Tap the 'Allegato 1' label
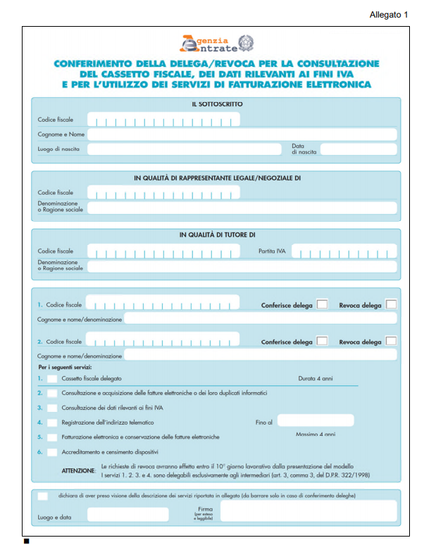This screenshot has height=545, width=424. pyautogui.click(x=388, y=15)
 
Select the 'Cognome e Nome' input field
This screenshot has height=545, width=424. pyautogui.click(x=242, y=134)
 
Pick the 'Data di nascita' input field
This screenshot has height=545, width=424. pyautogui.click(x=358, y=149)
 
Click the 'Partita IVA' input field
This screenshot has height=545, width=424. pyautogui.click(x=344, y=251)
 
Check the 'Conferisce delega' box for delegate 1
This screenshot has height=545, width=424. pyautogui.click(x=322, y=305)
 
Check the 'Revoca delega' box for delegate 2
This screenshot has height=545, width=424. pyautogui.click(x=391, y=341)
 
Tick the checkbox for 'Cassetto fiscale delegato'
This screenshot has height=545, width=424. pyautogui.click(x=52, y=379)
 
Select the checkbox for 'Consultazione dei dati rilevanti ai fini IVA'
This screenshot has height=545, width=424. pyautogui.click(x=52, y=408)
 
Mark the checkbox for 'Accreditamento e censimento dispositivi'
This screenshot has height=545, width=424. pyautogui.click(x=52, y=451)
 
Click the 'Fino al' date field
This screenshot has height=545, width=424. pyautogui.click(x=316, y=421)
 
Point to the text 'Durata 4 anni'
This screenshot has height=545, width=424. pyautogui.click(x=316, y=379)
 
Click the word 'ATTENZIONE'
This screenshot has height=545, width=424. pyautogui.click(x=78, y=470)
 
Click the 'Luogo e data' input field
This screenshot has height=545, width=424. pyautogui.click(x=127, y=515)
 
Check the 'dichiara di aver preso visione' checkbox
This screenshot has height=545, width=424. pyautogui.click(x=43, y=496)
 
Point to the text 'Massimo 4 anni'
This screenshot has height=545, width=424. pyautogui.click(x=315, y=435)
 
